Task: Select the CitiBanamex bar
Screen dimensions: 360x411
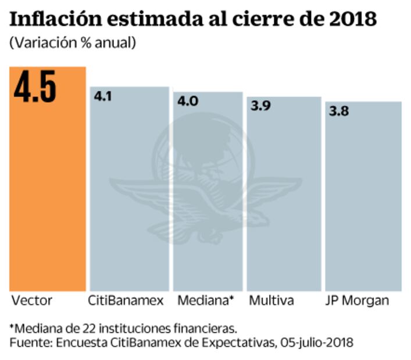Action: [128, 192]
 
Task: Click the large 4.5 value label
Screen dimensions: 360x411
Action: [35, 88]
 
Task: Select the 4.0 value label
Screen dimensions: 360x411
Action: [188, 101]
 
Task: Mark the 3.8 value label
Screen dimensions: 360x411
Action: [339, 111]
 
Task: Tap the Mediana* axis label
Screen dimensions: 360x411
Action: [205, 301]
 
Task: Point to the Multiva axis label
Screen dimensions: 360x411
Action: [271, 301]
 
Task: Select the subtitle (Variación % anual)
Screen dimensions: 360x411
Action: [72, 43]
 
